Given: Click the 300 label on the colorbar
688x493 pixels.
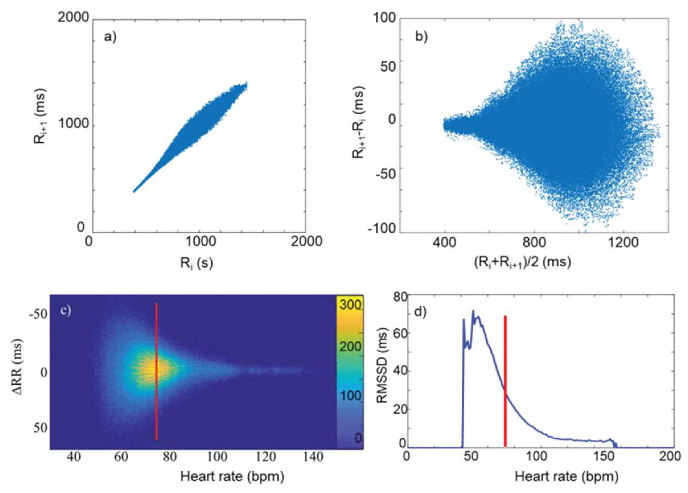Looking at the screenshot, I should [x=350, y=305].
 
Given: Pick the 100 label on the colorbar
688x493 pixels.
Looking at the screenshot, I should [x=350, y=396].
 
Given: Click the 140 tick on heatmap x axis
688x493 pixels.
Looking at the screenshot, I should [x=313, y=456].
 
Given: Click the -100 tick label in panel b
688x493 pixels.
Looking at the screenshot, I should [x=382, y=228].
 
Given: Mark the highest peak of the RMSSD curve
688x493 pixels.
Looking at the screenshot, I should [x=473, y=311].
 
